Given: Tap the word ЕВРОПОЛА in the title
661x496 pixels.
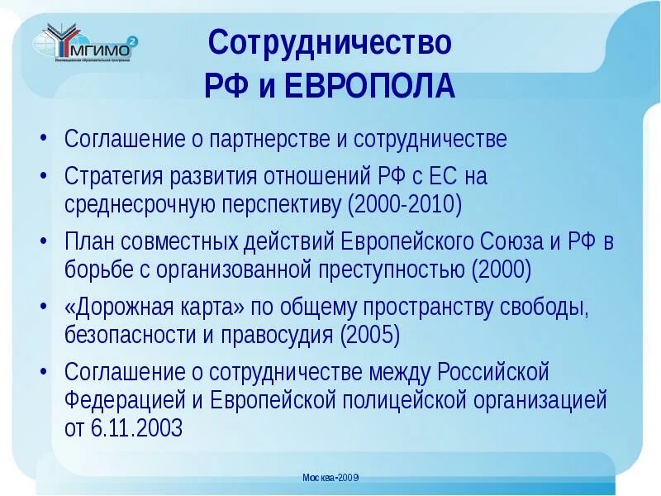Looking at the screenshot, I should click(x=369, y=85).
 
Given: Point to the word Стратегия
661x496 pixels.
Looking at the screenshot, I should click(x=115, y=177).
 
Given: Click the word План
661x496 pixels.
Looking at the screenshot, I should click(x=89, y=242).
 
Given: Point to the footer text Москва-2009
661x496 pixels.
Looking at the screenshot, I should click(x=330, y=478).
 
